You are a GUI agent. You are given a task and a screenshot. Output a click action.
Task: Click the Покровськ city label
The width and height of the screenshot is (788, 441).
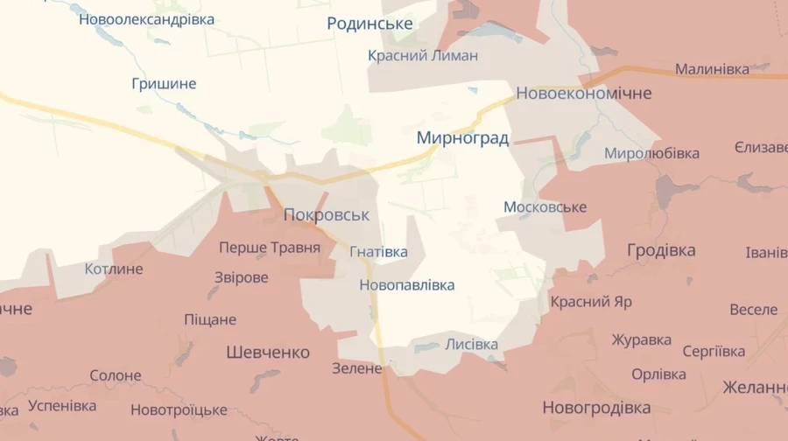pyautogui.click(x=327, y=215)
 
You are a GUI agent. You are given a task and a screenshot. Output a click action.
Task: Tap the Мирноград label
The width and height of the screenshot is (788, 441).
pyautogui.click(x=462, y=138)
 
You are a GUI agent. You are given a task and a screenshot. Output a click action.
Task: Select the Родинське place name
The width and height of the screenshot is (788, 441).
pyautogui.click(x=369, y=24)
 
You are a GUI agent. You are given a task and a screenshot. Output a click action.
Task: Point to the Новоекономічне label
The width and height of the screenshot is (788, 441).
pyautogui.click(x=584, y=93)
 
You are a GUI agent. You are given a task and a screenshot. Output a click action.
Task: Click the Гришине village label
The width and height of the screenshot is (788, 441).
pyautogui.click(x=164, y=84)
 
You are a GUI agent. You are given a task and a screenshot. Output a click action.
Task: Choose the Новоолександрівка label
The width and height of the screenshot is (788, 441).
pyautogui.click(x=146, y=18)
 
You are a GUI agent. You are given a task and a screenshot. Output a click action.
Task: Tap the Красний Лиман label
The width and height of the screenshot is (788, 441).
pyautogui.click(x=423, y=56)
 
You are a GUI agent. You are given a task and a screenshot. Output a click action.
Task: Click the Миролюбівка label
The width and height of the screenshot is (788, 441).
pyautogui.click(x=651, y=154)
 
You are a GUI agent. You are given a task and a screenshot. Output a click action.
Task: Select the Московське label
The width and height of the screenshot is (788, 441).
pyautogui.click(x=545, y=207)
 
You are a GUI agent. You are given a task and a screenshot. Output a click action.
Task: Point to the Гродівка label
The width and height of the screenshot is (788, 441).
pyautogui.click(x=661, y=250)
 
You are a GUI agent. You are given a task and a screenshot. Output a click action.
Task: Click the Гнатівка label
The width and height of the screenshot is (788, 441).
pyautogui.click(x=378, y=252)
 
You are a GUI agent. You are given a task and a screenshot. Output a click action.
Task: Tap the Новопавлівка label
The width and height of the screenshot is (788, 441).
pyautogui.click(x=406, y=285)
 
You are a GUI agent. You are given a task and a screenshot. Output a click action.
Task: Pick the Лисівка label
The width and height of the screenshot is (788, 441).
pyautogui.click(x=471, y=344)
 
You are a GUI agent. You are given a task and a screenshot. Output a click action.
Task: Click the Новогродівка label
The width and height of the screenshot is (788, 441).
pyautogui.click(x=596, y=408)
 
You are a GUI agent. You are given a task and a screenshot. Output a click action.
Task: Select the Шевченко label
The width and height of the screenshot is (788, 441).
pyautogui.click(x=268, y=353)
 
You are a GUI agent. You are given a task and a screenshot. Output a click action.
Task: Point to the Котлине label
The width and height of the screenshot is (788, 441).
pyautogui.click(x=114, y=269)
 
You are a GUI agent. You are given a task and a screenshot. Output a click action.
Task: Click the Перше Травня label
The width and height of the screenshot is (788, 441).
pyautogui.click(x=270, y=248)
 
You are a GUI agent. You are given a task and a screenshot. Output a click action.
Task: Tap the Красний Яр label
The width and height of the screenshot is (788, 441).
pyautogui.click(x=591, y=302)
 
